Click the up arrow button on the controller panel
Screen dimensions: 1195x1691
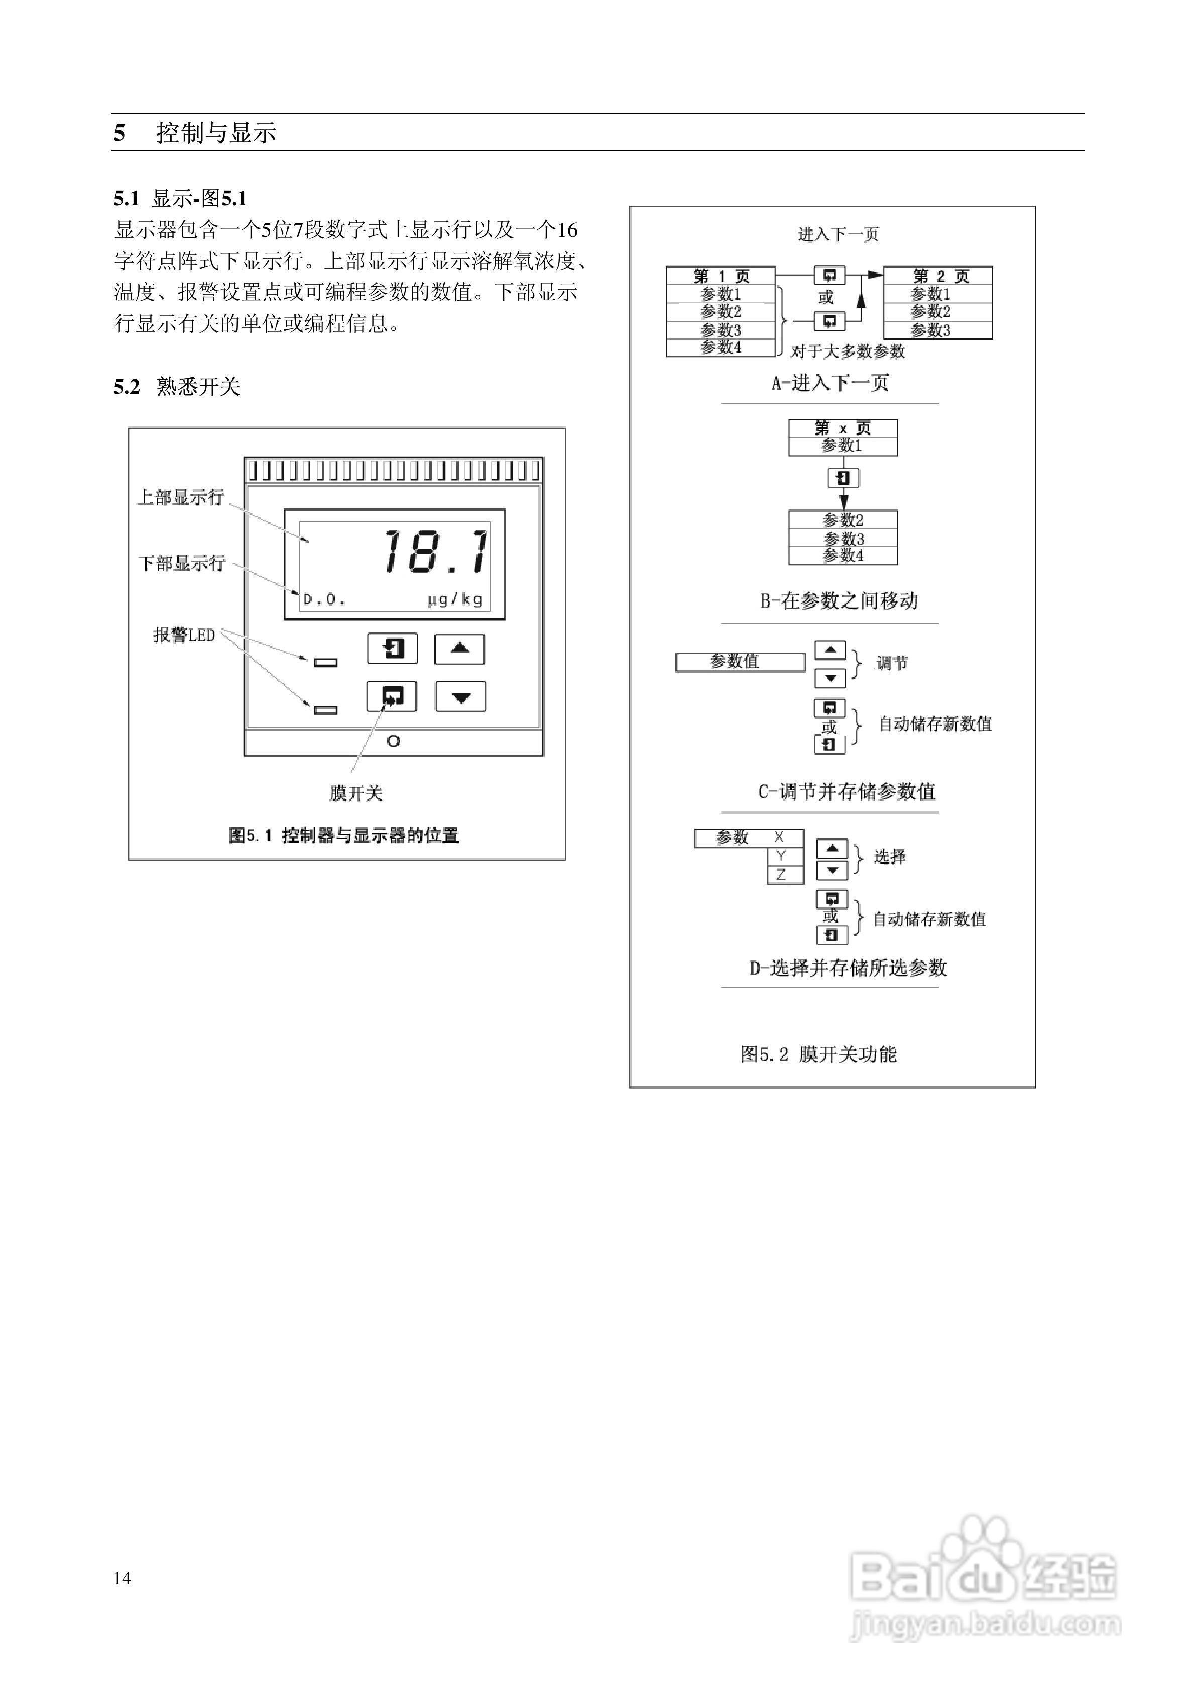(x=460, y=649)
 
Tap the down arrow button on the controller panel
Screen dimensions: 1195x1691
(x=460, y=697)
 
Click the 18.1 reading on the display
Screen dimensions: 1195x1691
(x=435, y=552)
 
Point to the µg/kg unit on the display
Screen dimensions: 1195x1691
(x=455, y=599)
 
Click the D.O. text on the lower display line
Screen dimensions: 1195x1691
(x=324, y=599)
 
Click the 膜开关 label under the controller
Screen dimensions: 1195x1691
(x=356, y=793)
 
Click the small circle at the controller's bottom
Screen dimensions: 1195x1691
(x=394, y=741)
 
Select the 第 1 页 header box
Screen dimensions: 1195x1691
(x=721, y=276)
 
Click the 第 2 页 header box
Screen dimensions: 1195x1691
(x=938, y=276)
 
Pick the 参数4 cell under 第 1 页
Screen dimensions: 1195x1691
(x=721, y=347)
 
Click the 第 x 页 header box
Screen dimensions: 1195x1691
(x=843, y=428)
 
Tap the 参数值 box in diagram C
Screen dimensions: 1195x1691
(x=740, y=662)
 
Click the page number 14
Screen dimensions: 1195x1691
(x=123, y=1578)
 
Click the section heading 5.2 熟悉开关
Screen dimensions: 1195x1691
(x=177, y=387)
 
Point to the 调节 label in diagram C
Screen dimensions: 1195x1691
(x=891, y=664)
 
